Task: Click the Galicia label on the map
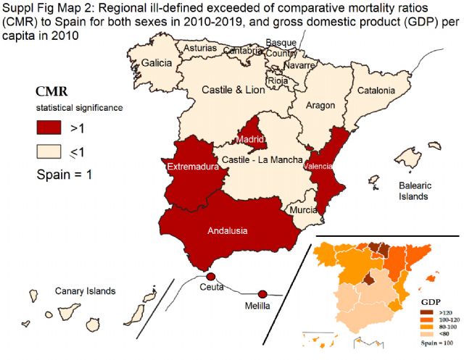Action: (157, 63)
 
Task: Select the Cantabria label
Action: (242, 51)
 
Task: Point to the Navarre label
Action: (298, 65)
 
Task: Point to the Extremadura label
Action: (193, 167)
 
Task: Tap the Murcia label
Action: (303, 210)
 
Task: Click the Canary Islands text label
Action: (85, 291)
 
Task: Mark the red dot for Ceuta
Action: (210, 277)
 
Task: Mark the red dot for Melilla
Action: (262, 293)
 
